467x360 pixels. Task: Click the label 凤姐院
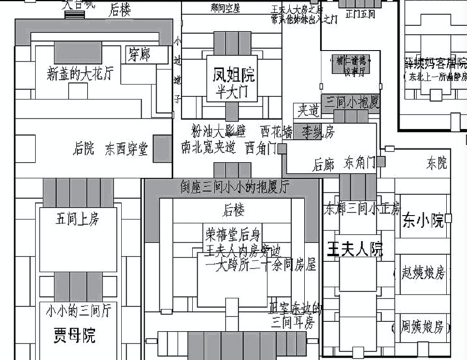233,74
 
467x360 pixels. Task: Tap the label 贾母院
74,336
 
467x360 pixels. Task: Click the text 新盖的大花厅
80,74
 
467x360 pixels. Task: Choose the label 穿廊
139,55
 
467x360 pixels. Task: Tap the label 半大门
232,92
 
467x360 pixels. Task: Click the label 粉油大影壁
219,130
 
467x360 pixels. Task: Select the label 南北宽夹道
209,148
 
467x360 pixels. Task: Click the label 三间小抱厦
351,103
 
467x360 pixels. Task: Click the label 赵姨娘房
423,273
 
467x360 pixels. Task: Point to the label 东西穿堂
126,149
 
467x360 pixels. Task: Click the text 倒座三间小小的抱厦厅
234,187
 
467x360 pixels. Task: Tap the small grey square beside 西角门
282,149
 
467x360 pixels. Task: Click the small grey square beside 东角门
381,161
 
